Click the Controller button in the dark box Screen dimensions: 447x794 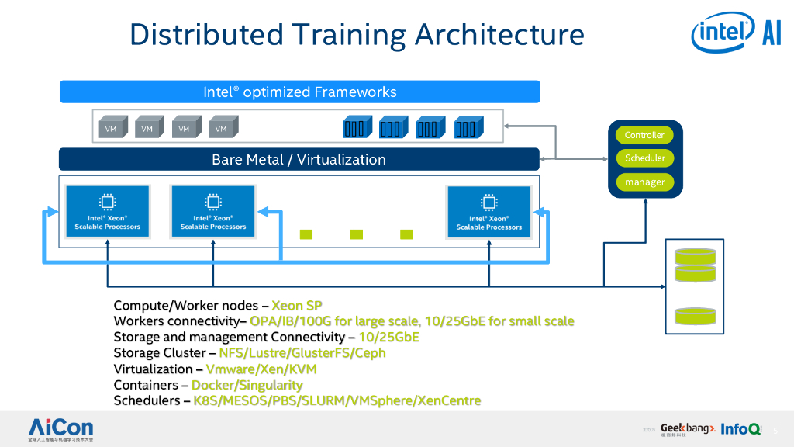[x=644, y=135]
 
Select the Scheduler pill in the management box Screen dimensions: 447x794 [x=644, y=158]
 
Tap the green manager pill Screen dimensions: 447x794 [x=644, y=182]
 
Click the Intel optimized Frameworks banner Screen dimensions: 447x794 [x=299, y=92]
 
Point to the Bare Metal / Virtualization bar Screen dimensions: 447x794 [x=299, y=159]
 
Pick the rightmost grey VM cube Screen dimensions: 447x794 [x=223, y=128]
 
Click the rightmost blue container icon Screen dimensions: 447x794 [x=467, y=127]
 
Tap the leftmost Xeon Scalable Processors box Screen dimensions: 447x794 [x=108, y=212]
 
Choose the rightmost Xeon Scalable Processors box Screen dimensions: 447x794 [x=489, y=212]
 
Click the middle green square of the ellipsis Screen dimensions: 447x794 [x=356, y=234]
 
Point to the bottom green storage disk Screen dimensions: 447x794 [x=696, y=316]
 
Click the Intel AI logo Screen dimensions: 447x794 [x=736, y=33]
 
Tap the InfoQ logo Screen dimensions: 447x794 [x=740, y=428]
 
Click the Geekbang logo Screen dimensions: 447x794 [x=687, y=428]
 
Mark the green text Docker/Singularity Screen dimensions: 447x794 [x=247, y=385]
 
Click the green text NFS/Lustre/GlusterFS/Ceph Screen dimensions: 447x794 [x=302, y=353]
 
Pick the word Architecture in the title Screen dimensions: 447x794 [x=499, y=35]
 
